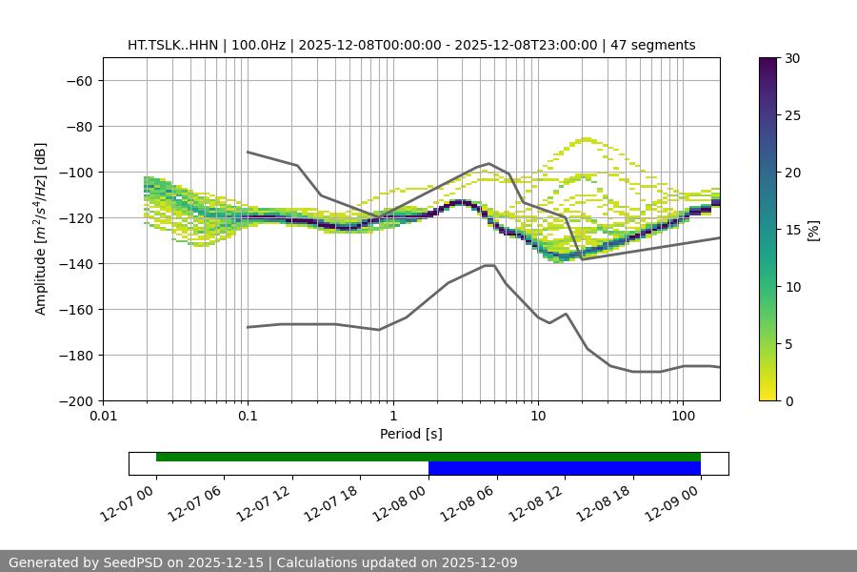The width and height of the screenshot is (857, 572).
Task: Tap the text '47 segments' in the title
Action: tap(655, 45)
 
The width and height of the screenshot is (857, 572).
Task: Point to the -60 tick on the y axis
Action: tap(78, 80)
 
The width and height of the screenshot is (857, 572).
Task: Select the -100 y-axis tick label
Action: tap(75, 172)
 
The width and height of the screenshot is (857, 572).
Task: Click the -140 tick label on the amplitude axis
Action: tap(75, 263)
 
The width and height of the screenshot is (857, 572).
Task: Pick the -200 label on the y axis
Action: tap(75, 400)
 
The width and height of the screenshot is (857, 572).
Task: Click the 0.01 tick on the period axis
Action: tap(103, 417)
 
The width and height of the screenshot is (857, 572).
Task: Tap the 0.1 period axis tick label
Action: tap(248, 417)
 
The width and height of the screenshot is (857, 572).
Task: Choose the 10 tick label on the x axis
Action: tap(538, 417)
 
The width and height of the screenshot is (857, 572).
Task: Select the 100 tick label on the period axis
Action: tap(683, 417)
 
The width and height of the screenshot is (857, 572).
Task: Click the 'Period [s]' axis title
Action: tap(410, 434)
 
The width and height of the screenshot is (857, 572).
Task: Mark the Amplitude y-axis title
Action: tap(41, 229)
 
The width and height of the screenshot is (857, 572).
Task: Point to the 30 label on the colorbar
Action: tap(791, 58)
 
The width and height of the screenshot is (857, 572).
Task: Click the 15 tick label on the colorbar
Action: tap(791, 230)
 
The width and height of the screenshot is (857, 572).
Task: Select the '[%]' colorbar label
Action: tap(813, 230)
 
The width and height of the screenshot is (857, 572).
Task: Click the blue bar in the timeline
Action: tap(564, 468)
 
